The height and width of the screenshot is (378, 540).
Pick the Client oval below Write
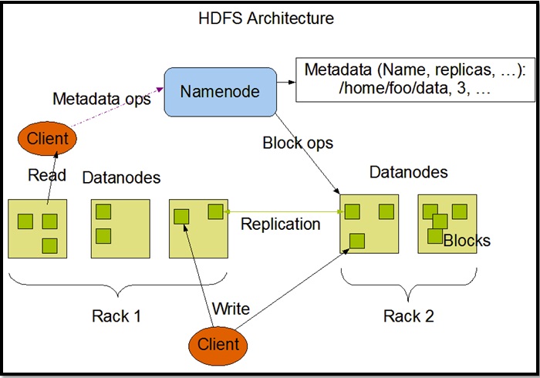coord(218,343)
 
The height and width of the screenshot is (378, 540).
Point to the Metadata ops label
coord(100,100)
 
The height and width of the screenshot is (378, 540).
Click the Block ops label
coord(298,143)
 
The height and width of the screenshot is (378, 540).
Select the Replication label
coord(280,224)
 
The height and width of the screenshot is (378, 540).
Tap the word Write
coord(231,309)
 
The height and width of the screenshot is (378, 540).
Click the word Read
coord(47,175)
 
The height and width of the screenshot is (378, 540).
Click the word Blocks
coord(467,241)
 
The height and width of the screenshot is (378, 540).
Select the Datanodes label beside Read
coord(121,177)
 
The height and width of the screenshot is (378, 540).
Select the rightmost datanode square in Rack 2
coord(447,224)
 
